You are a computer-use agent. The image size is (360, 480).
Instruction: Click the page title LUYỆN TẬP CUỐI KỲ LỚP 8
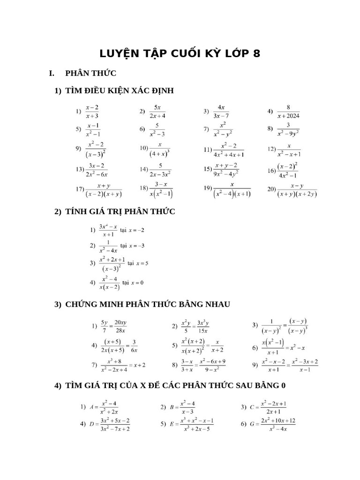coord(180,53)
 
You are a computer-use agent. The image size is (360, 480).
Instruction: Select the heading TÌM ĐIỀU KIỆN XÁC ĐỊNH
coord(120,90)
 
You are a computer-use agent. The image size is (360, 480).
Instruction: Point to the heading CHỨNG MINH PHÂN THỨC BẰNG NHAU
coord(148,304)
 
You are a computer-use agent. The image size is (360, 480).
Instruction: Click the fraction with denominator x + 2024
coord(288,112)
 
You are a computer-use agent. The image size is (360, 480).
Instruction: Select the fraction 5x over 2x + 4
coord(157,112)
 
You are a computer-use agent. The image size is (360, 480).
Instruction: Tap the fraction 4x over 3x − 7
coord(221,112)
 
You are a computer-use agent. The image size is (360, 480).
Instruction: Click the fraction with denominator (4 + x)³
coord(160,149)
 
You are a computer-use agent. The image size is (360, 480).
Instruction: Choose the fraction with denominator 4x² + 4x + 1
coord(229,149)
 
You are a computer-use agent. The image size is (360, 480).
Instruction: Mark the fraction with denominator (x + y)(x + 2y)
coord(297,189)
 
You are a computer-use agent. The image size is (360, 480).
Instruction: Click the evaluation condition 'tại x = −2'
coord(133,230)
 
